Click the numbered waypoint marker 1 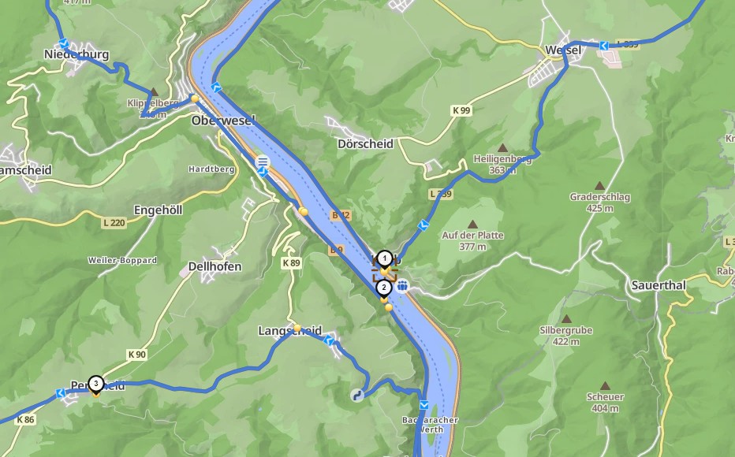point(384,258)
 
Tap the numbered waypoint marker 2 point(384,288)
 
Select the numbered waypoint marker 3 point(95,384)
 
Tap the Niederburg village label point(76,54)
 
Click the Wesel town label point(563,50)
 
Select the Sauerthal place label point(659,284)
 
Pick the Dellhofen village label point(215,267)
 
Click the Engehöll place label point(159,210)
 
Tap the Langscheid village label point(289,332)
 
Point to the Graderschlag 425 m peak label point(599,202)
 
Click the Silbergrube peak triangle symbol point(565,319)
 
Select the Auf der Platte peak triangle point(472,225)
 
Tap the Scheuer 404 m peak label point(605,402)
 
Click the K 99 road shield point(461,111)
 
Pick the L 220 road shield point(114,223)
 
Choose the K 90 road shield point(136,355)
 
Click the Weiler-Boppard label point(122,260)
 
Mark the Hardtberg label point(207,169)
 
